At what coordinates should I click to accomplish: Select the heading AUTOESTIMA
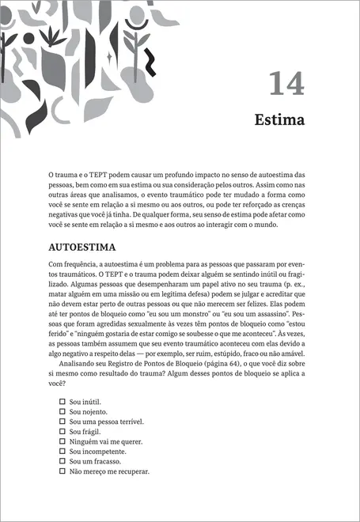tap(82, 246)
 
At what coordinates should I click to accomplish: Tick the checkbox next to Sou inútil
tap(63, 403)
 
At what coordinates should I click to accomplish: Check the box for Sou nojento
tap(63, 412)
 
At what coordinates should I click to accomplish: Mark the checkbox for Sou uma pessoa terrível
tap(63, 422)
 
